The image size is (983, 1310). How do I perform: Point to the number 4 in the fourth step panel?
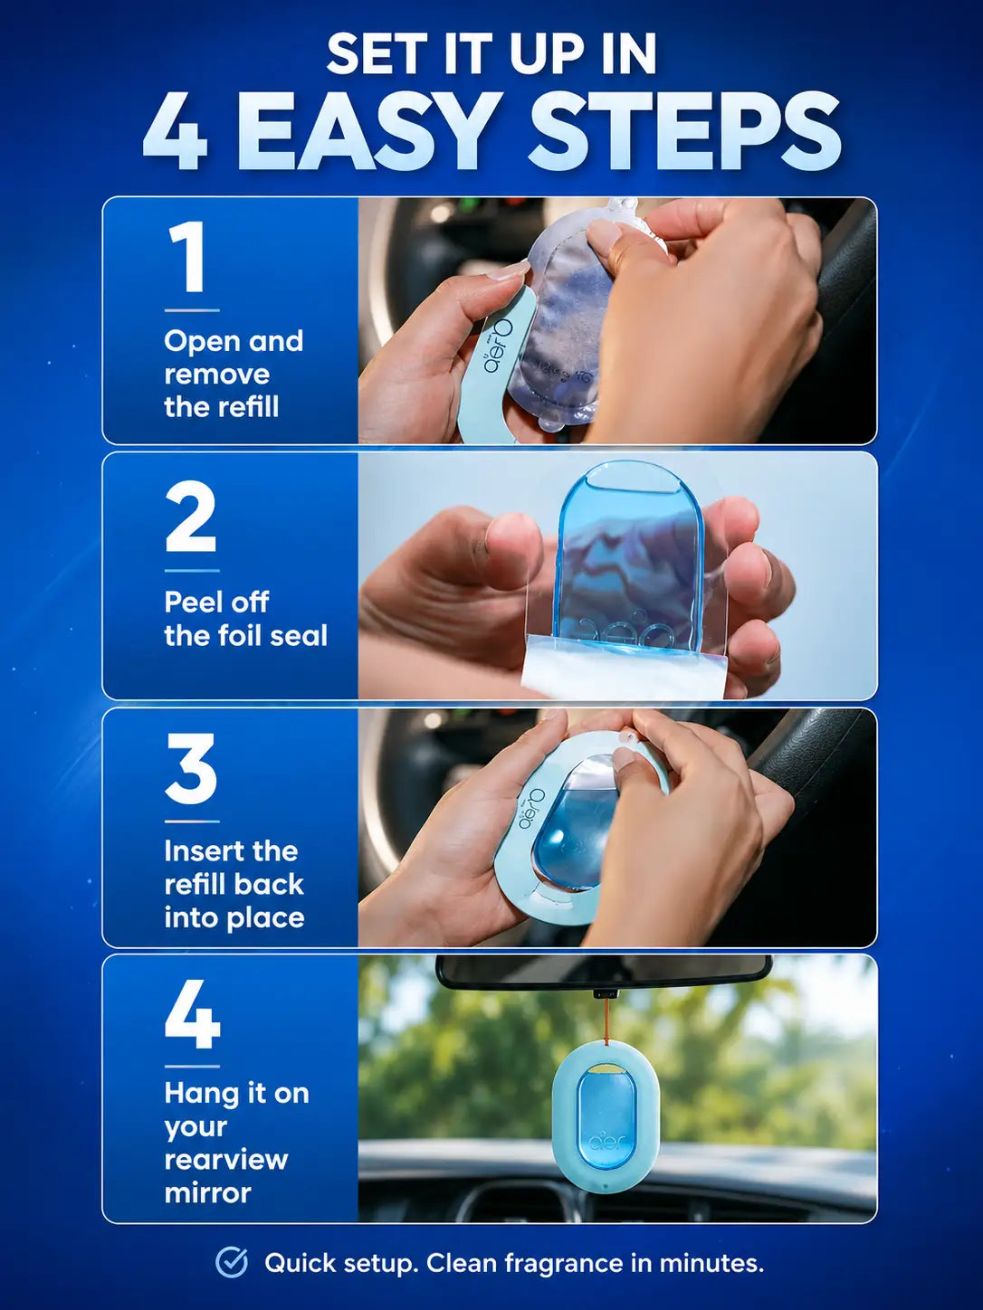point(193,1014)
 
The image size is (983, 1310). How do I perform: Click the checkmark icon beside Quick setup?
point(232,1264)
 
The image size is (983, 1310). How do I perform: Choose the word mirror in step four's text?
point(207,1193)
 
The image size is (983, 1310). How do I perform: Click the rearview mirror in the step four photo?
point(604,973)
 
